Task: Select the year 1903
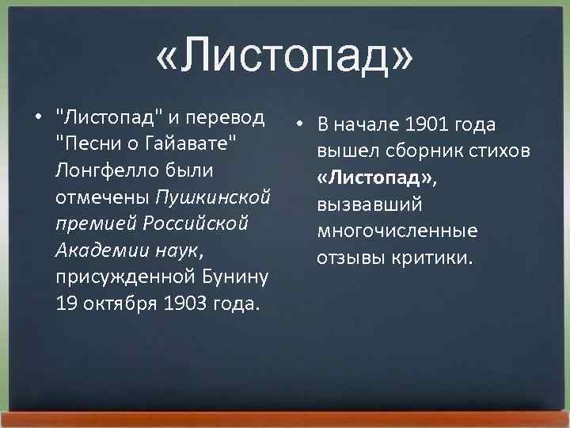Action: [181, 304]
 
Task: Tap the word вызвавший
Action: [369, 204]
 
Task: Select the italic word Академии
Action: [92, 250]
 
